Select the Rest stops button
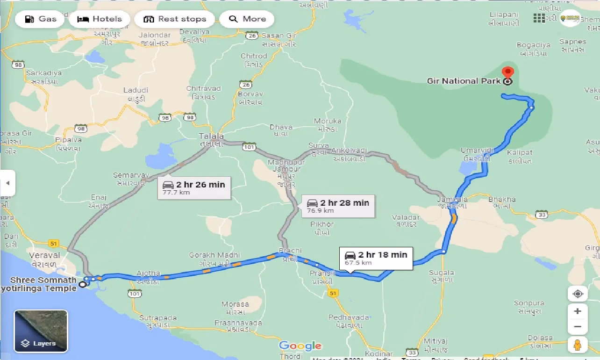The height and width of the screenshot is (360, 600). click(x=174, y=19)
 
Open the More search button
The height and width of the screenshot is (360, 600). click(x=247, y=19)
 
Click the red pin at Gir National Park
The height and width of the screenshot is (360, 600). click(x=507, y=74)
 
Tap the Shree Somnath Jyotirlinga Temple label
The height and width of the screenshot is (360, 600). click(x=43, y=284)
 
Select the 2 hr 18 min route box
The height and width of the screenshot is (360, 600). click(x=376, y=258)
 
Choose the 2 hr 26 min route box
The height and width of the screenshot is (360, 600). click(x=194, y=187)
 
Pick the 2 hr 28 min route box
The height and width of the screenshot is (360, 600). click(x=338, y=206)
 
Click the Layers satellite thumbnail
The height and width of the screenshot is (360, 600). click(x=41, y=331)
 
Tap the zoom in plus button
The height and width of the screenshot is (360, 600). click(x=578, y=311)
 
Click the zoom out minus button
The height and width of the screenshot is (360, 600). click(x=578, y=327)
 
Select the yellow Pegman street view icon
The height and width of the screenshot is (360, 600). click(x=578, y=345)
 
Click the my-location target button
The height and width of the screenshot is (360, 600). click(x=578, y=294)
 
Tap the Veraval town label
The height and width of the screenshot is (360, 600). click(x=44, y=255)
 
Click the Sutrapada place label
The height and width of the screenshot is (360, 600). click(x=158, y=318)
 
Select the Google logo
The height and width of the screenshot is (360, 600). click(x=300, y=346)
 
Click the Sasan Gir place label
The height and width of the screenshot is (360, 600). click(x=279, y=36)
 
